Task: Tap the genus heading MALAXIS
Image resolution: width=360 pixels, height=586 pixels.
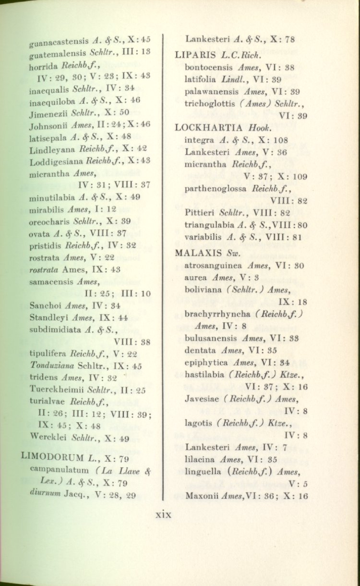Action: pyautogui.click(x=196, y=253)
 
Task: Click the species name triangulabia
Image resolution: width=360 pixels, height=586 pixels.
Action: pyautogui.click(x=209, y=225)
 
